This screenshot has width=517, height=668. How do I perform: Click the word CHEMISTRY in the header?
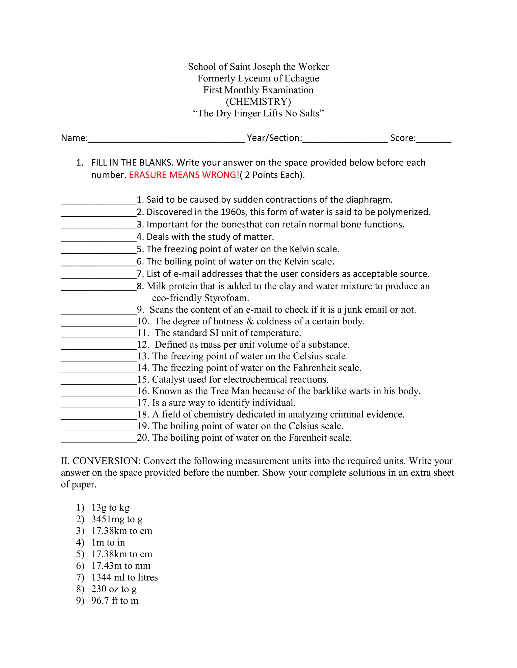point(258,102)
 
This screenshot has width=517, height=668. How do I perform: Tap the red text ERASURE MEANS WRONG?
point(184,175)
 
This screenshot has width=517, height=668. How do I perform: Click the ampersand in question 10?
point(250,321)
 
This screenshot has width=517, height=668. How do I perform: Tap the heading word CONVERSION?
point(106,461)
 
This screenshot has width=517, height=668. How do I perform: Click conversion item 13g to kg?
point(110,507)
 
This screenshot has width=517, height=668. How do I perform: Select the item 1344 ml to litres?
point(124,577)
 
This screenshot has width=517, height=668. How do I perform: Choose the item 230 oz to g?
point(114,589)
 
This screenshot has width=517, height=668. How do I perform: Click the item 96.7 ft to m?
point(115,600)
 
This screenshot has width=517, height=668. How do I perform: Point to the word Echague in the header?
point(302,78)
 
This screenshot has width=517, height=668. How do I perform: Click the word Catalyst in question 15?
point(168,380)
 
